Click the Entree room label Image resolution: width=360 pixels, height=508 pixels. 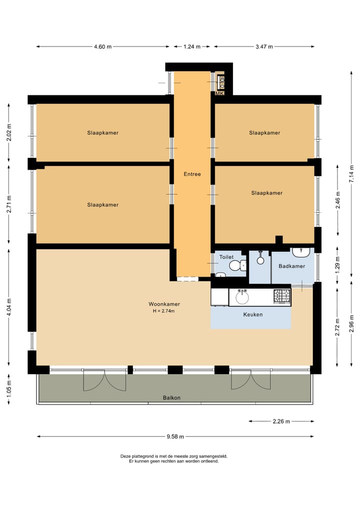coord(192,174)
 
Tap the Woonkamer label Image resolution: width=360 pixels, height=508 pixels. coord(164,304)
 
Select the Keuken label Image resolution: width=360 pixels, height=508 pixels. coord(252,315)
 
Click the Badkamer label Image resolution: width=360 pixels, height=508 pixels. coord(291,266)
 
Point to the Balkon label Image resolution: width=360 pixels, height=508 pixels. coord(171,398)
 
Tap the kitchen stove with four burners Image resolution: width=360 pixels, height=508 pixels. coord(281,297)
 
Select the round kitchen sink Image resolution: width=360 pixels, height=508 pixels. coord(242,298)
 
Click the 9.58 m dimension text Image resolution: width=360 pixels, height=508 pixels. coord(175,436)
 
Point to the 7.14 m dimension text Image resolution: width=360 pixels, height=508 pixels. coord(351,174)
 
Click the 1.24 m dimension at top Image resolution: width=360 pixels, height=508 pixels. coord(191,47)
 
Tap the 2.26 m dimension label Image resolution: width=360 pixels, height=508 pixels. coord(281,422)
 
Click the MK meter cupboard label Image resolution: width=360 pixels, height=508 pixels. coord(219,93)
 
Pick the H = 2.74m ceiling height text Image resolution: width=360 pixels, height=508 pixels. coord(164,311)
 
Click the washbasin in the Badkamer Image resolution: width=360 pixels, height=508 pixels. coord(301,251)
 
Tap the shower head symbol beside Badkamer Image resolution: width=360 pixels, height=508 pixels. coord(260,259)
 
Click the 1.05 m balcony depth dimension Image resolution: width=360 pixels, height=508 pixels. coord(9,388)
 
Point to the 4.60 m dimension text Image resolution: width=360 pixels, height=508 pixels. coord(102,47)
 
